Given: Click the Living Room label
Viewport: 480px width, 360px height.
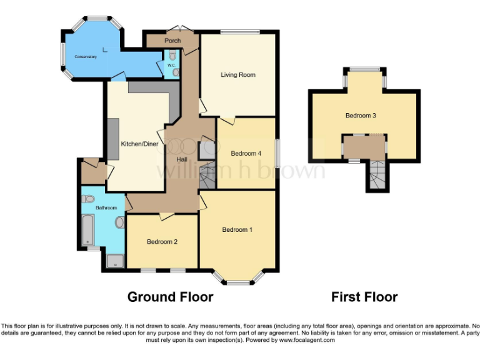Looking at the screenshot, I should point(238,75).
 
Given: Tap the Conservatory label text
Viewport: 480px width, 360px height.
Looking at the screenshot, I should point(86,57).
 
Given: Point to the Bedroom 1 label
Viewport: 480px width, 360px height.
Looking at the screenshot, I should point(237,230).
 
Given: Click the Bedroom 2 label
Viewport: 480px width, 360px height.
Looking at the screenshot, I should point(162,242).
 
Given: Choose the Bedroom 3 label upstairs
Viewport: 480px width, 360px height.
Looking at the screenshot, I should point(361,116).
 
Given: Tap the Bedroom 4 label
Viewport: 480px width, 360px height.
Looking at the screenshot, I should point(246,154).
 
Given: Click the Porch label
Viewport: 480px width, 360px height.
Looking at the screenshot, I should point(172,41).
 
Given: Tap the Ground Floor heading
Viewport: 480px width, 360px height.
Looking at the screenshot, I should point(170,297).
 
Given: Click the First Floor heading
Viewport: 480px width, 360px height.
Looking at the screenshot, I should point(364,297).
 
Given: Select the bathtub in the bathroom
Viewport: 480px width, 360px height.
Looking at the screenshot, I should point(87,229).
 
